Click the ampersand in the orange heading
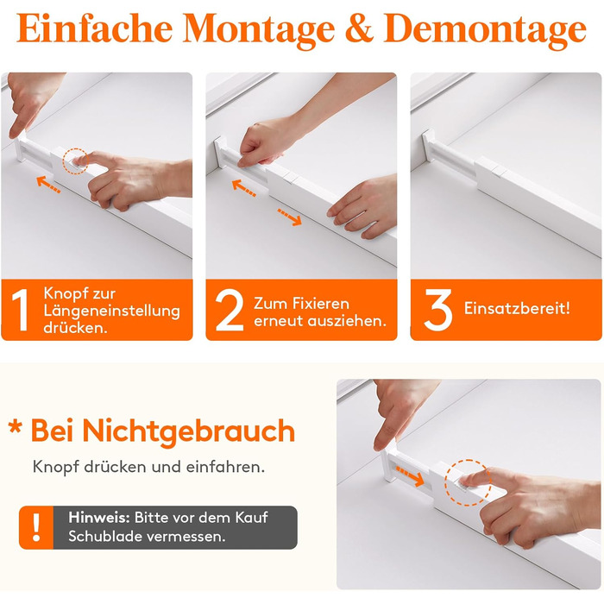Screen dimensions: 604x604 360,28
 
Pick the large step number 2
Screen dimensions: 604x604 230,310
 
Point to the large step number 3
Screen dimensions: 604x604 438,310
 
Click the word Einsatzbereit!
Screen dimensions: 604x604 517,308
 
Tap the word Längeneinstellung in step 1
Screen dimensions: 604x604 111,311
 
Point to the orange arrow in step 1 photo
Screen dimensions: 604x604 48,184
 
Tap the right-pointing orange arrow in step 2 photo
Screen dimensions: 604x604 290,217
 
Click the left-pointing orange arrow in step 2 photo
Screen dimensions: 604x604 244,188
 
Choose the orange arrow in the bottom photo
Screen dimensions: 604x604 410,475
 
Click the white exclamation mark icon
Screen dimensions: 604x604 36,527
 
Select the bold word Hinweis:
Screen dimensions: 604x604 99,518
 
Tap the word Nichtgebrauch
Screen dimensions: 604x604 189,431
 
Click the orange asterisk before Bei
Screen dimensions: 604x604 15,427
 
